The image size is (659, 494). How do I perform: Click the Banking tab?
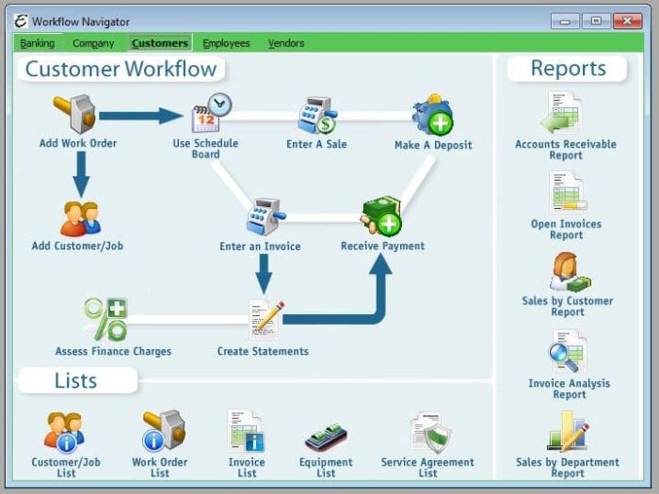click(38, 43)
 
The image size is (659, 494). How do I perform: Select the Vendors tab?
click(286, 43)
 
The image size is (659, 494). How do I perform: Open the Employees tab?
click(226, 43)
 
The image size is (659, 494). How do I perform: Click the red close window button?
click(626, 21)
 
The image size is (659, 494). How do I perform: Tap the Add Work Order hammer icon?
click(75, 114)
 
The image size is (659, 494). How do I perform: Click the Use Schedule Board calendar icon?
click(211, 114)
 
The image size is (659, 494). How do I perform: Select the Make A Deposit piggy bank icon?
click(433, 116)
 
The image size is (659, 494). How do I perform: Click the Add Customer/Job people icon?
click(80, 218)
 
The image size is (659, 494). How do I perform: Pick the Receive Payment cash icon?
click(381, 216)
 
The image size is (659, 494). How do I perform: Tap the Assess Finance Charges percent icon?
click(105, 319)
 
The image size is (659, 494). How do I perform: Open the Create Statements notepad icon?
click(265, 319)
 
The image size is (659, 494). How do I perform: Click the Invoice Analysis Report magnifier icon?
click(568, 354)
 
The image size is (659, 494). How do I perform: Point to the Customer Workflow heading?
click(121, 69)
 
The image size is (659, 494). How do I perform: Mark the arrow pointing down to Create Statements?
click(264, 274)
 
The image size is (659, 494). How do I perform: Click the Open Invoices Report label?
click(566, 230)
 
